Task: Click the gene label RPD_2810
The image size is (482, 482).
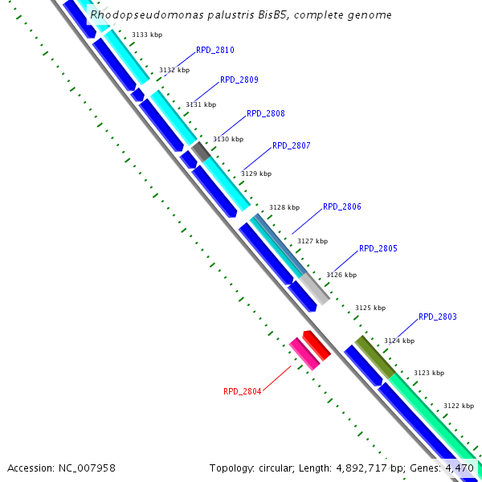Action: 214,50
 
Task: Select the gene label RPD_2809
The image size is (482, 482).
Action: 239,80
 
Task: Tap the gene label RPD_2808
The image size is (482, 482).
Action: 265,113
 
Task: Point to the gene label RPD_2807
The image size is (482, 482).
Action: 291,145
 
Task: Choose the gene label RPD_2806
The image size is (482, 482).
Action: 341,206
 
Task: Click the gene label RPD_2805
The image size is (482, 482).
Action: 378,248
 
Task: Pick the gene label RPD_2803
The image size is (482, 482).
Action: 437,317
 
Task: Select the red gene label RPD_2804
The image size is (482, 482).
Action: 242,391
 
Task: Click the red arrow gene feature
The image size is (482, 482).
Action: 316,345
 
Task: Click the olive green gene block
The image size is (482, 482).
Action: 374,357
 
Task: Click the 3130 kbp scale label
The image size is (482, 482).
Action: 227,139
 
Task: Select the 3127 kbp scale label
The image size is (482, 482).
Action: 312,241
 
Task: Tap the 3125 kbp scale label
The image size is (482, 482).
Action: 370,308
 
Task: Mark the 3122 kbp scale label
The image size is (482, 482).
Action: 458,406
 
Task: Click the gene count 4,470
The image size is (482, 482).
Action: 459,468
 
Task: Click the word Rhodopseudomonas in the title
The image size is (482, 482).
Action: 135,14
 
